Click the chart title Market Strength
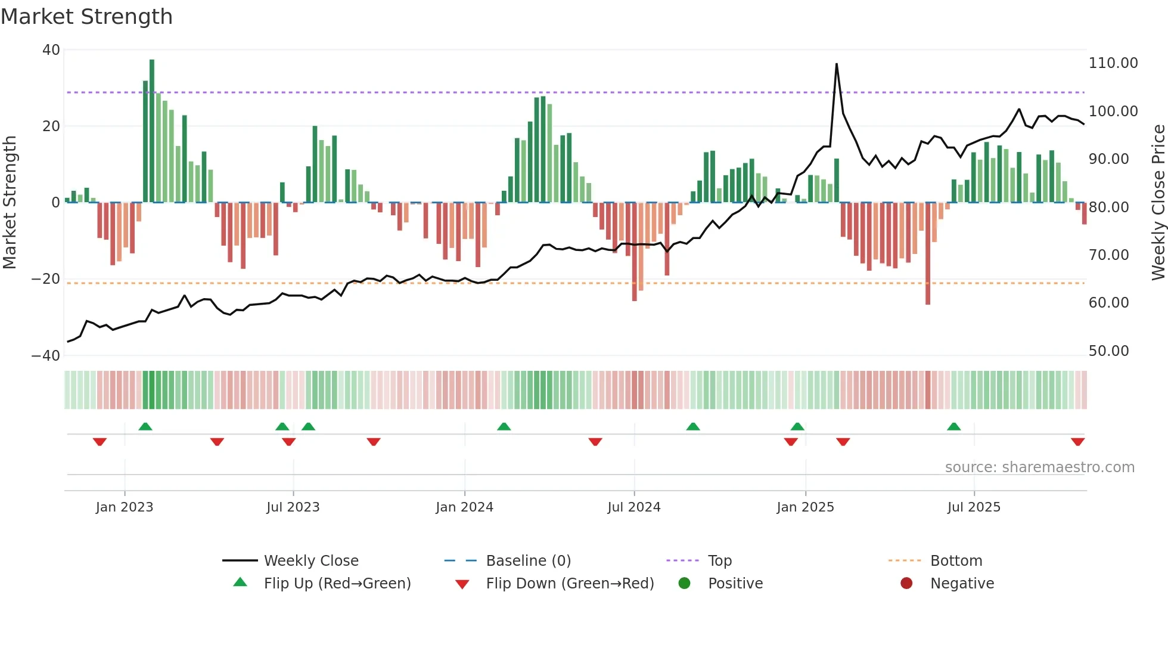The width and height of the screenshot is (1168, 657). (x=87, y=17)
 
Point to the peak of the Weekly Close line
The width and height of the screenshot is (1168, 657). (x=837, y=64)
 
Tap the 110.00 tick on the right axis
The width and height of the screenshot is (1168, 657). (x=1113, y=63)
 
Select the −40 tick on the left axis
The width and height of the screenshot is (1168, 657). (x=46, y=356)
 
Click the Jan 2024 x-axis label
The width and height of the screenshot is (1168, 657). (x=464, y=507)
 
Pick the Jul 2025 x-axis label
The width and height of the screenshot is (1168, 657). (x=974, y=507)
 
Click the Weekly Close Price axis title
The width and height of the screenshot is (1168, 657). (x=1158, y=202)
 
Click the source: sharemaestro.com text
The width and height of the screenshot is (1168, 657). (x=1039, y=467)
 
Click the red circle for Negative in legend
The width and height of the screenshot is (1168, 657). (x=906, y=584)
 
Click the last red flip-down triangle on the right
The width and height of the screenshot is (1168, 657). (x=1077, y=442)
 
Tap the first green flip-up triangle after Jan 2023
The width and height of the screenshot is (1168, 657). (x=145, y=426)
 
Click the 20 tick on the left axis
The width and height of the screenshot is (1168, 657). (x=51, y=126)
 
